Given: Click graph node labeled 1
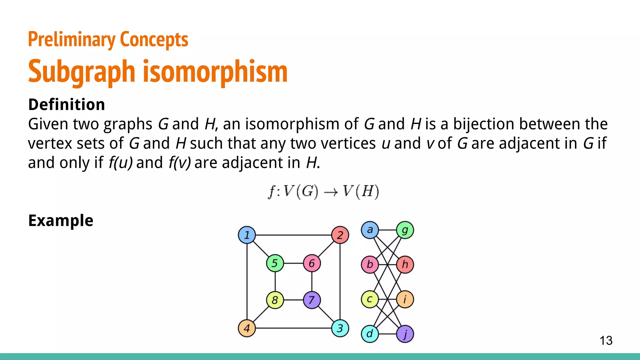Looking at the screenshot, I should click(247, 235).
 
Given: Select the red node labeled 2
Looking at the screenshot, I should click(340, 235).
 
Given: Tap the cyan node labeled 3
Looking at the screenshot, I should click(340, 328).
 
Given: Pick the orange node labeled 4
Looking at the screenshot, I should click(247, 328).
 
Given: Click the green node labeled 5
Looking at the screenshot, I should click(275, 263).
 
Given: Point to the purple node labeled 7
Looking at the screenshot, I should click(312, 300).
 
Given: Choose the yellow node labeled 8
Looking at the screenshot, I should click(275, 300).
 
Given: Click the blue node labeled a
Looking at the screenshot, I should click(370, 230).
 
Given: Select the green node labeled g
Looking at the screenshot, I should click(405, 230).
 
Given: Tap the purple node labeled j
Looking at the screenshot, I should click(405, 334).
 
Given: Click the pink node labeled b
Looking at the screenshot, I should click(370, 265).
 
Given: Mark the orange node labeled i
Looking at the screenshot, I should click(405, 299).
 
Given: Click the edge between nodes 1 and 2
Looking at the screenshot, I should click(294, 235).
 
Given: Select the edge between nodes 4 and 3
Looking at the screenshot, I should click(294, 328).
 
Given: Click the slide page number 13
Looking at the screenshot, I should click(606, 341).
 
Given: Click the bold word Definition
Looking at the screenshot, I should click(67, 104).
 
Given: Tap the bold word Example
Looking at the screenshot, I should click(61, 221).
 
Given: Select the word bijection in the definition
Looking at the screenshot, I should click(483, 124).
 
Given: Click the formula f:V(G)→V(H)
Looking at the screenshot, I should click(323, 192).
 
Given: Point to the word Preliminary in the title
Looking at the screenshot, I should click(72, 40).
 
